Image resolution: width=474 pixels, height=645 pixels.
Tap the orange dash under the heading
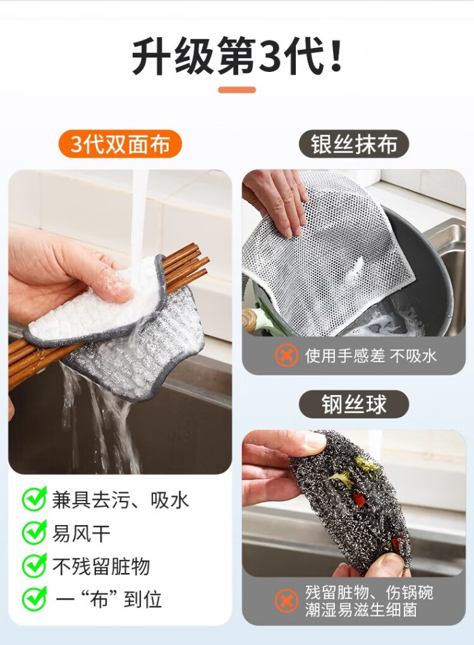(237, 90)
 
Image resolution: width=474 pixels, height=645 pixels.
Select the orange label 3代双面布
(120, 144)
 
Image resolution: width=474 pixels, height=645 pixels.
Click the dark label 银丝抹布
(354, 144)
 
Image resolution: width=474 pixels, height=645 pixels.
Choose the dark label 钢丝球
(354, 405)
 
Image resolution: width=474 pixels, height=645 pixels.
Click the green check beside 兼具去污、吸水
(34, 499)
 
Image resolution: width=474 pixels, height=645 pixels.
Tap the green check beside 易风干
(34, 532)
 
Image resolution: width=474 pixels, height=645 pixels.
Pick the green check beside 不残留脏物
(34, 565)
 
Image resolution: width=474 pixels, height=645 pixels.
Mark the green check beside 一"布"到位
(34, 599)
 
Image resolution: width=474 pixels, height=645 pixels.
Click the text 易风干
(81, 533)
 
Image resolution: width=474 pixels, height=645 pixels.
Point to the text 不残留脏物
(101, 567)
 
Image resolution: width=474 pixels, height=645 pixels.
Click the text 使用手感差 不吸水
(370, 355)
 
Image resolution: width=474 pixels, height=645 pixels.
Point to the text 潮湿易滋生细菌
(361, 610)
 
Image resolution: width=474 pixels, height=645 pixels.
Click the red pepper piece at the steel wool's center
(358, 499)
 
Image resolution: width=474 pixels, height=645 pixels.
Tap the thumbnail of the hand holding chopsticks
(120, 322)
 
